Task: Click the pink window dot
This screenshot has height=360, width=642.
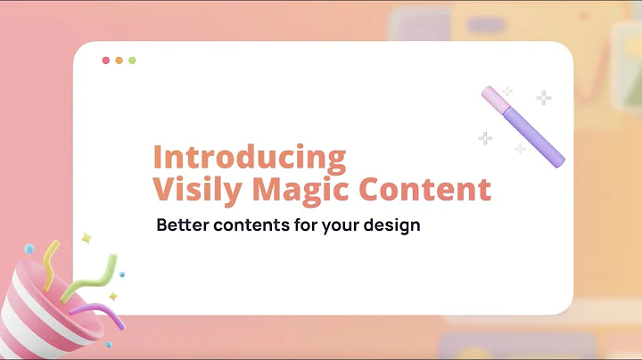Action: pos(106,61)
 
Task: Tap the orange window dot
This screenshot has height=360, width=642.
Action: pos(119,61)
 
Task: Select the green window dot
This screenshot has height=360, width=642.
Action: pos(132,61)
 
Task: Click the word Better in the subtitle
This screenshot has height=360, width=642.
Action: pos(182,225)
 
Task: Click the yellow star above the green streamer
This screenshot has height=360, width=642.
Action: pos(86,239)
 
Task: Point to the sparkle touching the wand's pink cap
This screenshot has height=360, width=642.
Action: pos(506,92)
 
